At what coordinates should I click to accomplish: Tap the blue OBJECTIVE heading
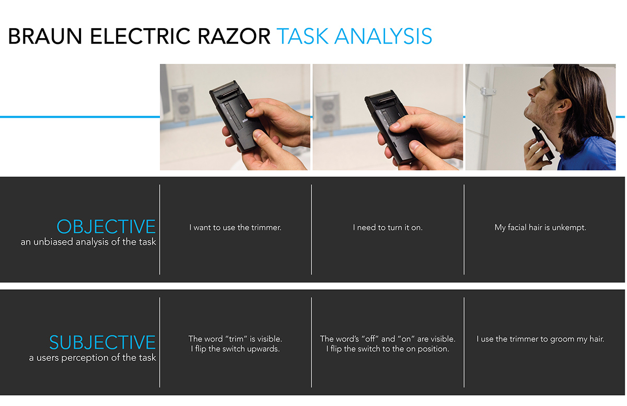[x=106, y=227]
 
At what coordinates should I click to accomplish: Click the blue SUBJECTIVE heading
[x=102, y=342]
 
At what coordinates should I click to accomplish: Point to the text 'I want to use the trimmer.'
[x=235, y=228]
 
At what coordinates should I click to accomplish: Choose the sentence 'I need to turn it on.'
[x=388, y=228]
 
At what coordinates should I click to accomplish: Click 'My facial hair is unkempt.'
[x=540, y=228]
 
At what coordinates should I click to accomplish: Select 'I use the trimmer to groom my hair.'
[x=540, y=339]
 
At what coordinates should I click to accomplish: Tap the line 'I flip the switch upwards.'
[x=235, y=349]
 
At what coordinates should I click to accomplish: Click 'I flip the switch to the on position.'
[x=388, y=349]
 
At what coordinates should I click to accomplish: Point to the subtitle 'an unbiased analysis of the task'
[x=88, y=242]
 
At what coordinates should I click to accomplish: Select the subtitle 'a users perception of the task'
[x=92, y=358]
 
